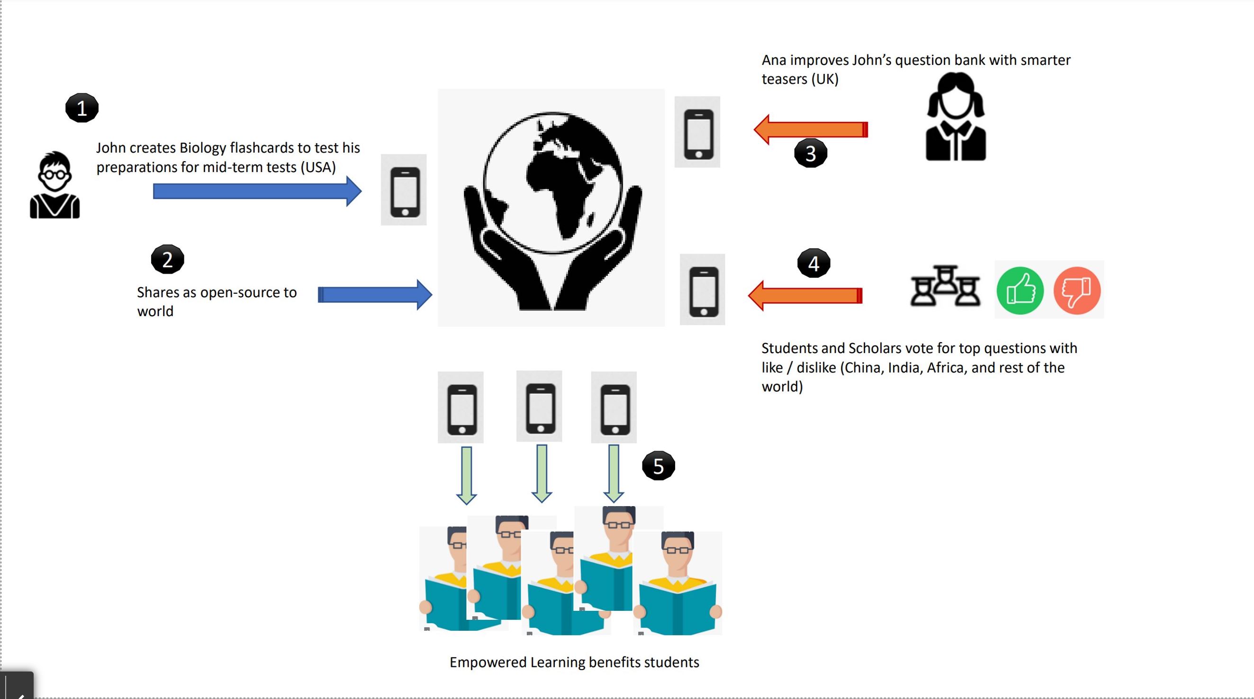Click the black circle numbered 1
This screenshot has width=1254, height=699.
(82, 108)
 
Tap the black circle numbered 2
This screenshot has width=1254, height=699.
(167, 259)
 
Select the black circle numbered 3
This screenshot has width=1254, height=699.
(811, 154)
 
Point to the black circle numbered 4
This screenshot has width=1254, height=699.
(813, 263)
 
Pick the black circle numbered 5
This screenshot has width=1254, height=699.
(658, 466)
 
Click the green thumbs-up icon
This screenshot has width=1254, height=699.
(1020, 291)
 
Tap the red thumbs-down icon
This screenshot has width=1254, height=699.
(1077, 291)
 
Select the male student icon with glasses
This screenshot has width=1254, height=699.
(54, 185)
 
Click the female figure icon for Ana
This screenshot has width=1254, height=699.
(956, 117)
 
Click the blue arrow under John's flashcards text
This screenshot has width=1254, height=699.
(257, 191)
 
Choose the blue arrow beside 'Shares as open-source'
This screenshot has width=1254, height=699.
(374, 295)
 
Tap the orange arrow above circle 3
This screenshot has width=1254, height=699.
(811, 129)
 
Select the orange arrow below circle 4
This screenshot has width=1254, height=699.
(805, 296)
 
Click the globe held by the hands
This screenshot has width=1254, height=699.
(552, 182)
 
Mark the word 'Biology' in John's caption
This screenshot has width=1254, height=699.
(202, 147)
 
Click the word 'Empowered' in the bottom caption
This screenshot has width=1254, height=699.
(488, 663)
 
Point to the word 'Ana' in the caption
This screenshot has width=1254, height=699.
(774, 60)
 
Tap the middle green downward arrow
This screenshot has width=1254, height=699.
(541, 473)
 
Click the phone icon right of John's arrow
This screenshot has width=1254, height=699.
(404, 191)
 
